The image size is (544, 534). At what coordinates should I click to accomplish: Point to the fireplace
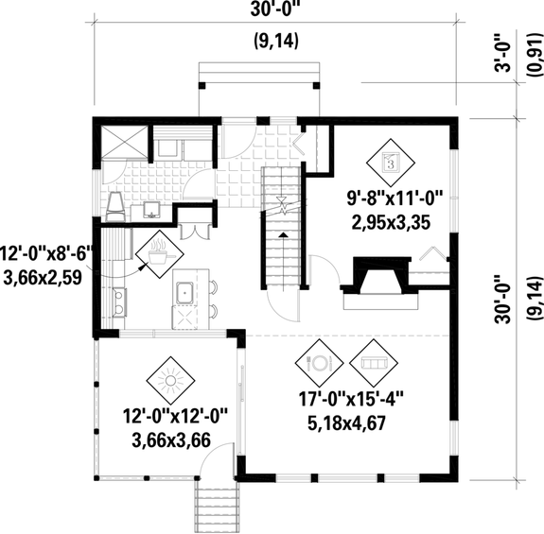[x=376, y=281]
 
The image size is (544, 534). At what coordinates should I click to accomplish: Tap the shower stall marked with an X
[x=121, y=143]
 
